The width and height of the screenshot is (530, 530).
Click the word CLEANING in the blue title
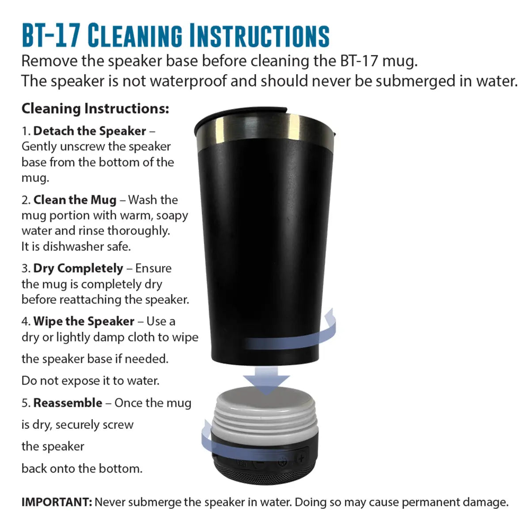point(135,35)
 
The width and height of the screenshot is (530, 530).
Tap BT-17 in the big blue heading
point(51,35)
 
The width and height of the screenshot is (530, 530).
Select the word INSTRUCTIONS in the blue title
point(260,35)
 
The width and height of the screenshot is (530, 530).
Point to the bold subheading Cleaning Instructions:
point(95,109)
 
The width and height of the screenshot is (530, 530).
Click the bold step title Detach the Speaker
point(90,131)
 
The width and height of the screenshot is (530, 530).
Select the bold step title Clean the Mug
point(75,200)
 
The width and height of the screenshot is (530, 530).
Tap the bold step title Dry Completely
point(78,269)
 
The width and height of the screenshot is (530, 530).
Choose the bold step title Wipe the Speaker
point(84,321)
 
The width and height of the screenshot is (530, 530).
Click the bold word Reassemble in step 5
point(68,403)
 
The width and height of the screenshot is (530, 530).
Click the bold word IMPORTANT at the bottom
point(57,502)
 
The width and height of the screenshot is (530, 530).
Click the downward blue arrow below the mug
point(266,381)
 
